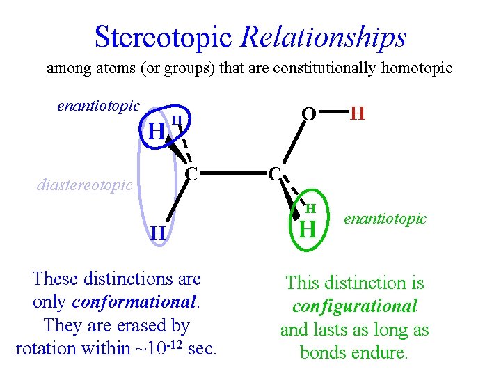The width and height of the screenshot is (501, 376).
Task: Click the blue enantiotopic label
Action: pyautogui.click(x=98, y=107)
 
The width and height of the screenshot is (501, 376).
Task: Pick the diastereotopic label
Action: pyautogui.click(x=84, y=185)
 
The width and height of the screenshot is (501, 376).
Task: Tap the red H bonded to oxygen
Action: pyautogui.click(x=358, y=113)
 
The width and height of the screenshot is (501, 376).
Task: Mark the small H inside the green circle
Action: pyautogui.click(x=311, y=208)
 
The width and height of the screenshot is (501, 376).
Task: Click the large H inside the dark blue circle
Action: pyautogui.click(x=157, y=130)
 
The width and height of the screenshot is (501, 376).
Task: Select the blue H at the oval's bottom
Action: pyautogui.click(x=159, y=233)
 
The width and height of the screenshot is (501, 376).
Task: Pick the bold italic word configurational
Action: pyautogui.click(x=355, y=306)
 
